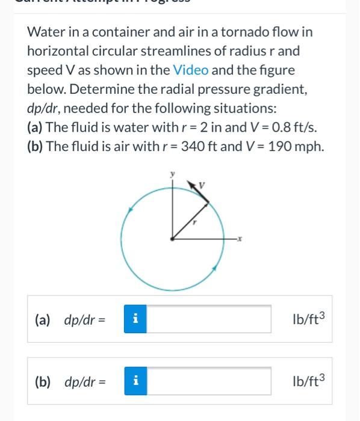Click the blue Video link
[x=191, y=70]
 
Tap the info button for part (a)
[x=135, y=319]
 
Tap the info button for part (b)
[x=135, y=381]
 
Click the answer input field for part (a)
[x=208, y=319]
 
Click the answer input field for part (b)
[x=208, y=381]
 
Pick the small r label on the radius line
[x=194, y=222]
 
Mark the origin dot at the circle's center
[x=173, y=239]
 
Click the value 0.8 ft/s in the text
[x=297, y=128]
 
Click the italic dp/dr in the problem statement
[x=46, y=108]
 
